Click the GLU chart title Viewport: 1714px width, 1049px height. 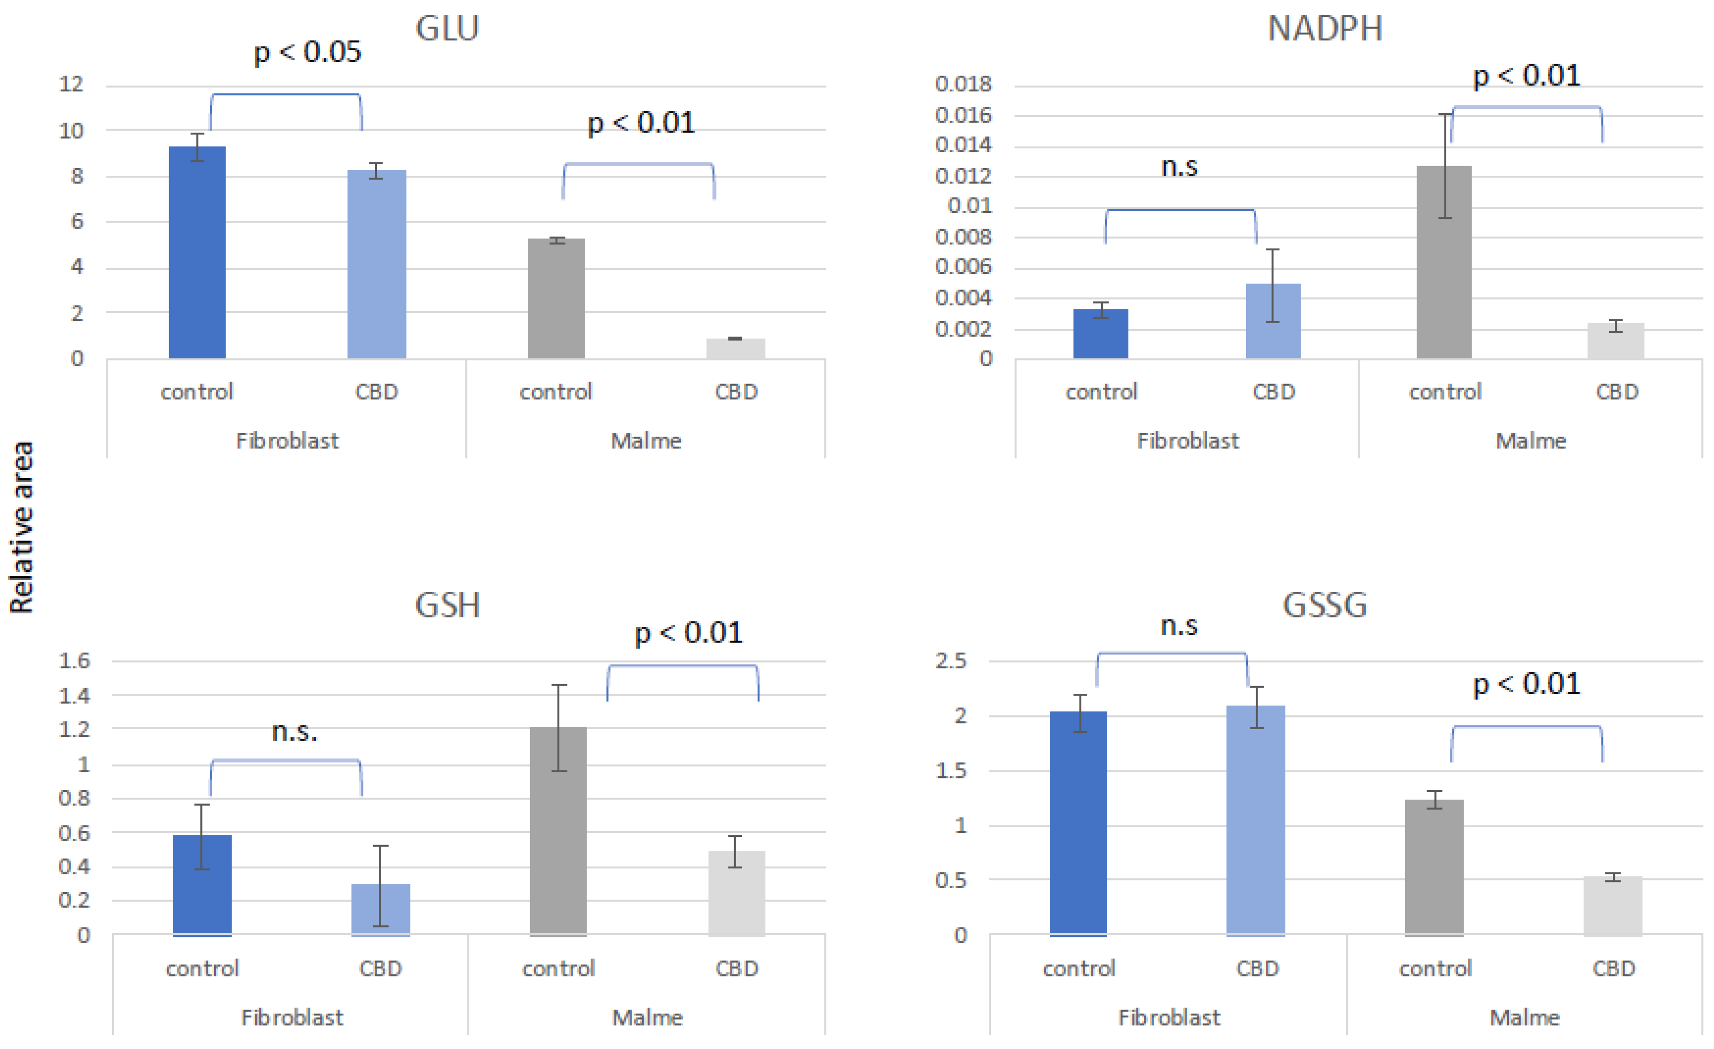[447, 29]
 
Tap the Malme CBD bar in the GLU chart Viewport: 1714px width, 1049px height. [735, 349]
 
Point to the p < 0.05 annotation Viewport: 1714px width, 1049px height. [307, 52]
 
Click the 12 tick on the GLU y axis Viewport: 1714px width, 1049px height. [71, 84]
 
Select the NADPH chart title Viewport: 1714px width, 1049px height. [1325, 29]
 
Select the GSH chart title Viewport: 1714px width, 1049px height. [447, 605]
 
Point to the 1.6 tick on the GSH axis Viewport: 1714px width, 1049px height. [74, 660]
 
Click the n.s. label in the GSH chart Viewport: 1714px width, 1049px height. [294, 731]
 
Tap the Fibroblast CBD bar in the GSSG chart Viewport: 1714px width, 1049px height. [1256, 820]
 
